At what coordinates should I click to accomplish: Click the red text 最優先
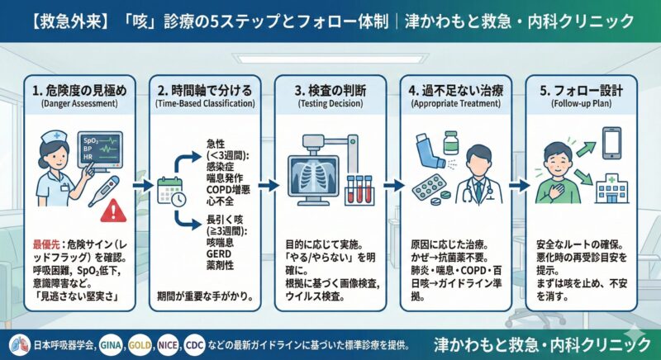pyautogui.click(x=46, y=244)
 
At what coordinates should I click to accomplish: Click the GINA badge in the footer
pyautogui.click(x=112, y=343)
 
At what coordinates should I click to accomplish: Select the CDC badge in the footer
pyautogui.click(x=196, y=343)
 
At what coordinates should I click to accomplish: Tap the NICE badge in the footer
pyautogui.click(x=168, y=343)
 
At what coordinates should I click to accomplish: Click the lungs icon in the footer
pyautogui.click(x=14, y=343)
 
